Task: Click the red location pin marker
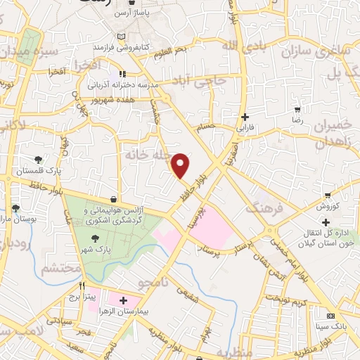(x=181, y=166)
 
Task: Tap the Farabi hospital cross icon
(x=245, y=117)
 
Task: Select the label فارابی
(x=244, y=129)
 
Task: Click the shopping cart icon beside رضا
(x=298, y=110)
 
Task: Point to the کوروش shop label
(x=328, y=207)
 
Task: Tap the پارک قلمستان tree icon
(x=39, y=159)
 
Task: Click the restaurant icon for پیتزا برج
(x=82, y=286)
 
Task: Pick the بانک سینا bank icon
(x=330, y=316)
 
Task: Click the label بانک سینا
(x=330, y=327)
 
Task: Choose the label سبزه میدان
(x=28, y=51)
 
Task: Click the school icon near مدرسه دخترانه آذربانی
(x=122, y=72)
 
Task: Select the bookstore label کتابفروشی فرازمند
(x=122, y=46)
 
